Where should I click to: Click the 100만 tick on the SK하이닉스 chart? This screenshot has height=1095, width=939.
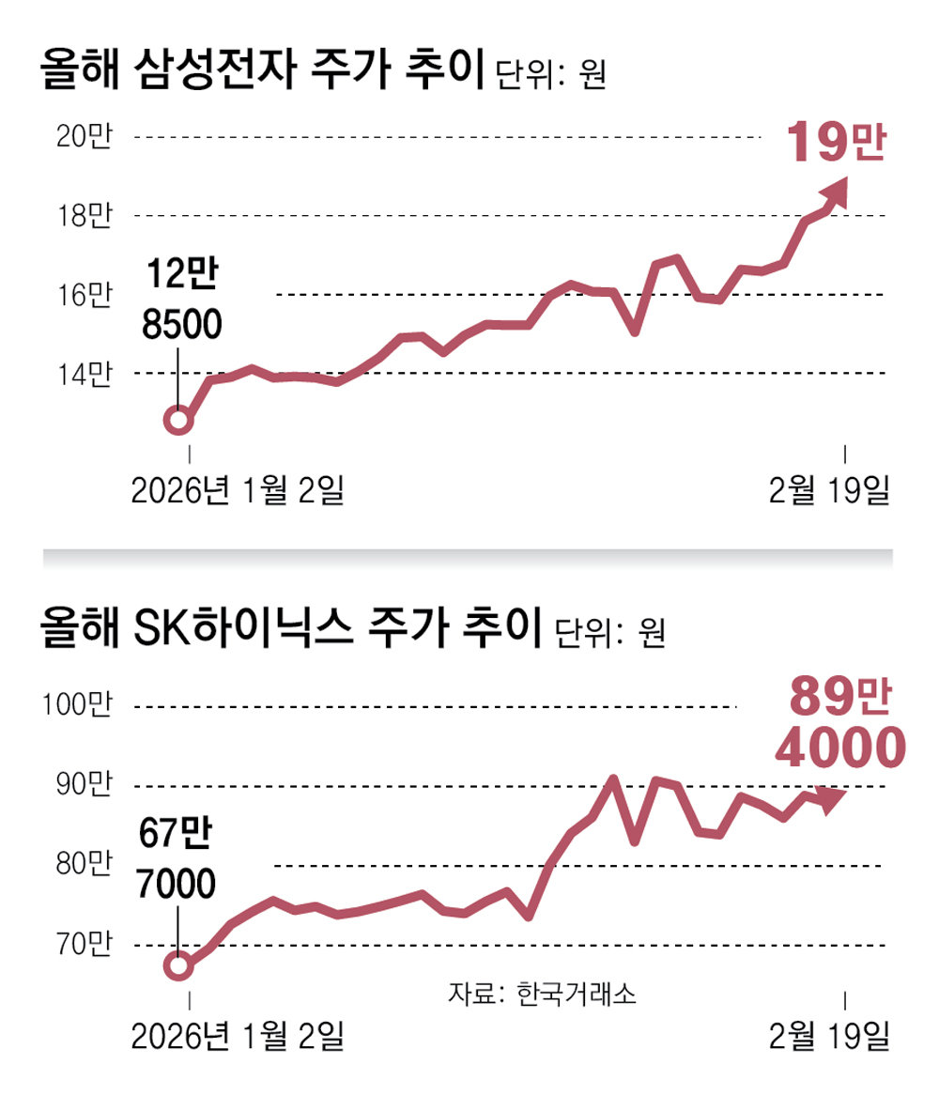[x=82, y=705]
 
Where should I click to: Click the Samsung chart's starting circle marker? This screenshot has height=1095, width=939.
[x=177, y=420]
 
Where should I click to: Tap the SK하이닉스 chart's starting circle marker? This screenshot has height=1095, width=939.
[x=178, y=964]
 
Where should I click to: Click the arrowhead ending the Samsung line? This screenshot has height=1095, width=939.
[x=835, y=192]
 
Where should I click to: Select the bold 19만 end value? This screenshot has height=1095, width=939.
[x=835, y=144]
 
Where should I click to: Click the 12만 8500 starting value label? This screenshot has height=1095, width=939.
[x=182, y=301]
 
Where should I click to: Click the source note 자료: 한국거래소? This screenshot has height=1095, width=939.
[x=542, y=994]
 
